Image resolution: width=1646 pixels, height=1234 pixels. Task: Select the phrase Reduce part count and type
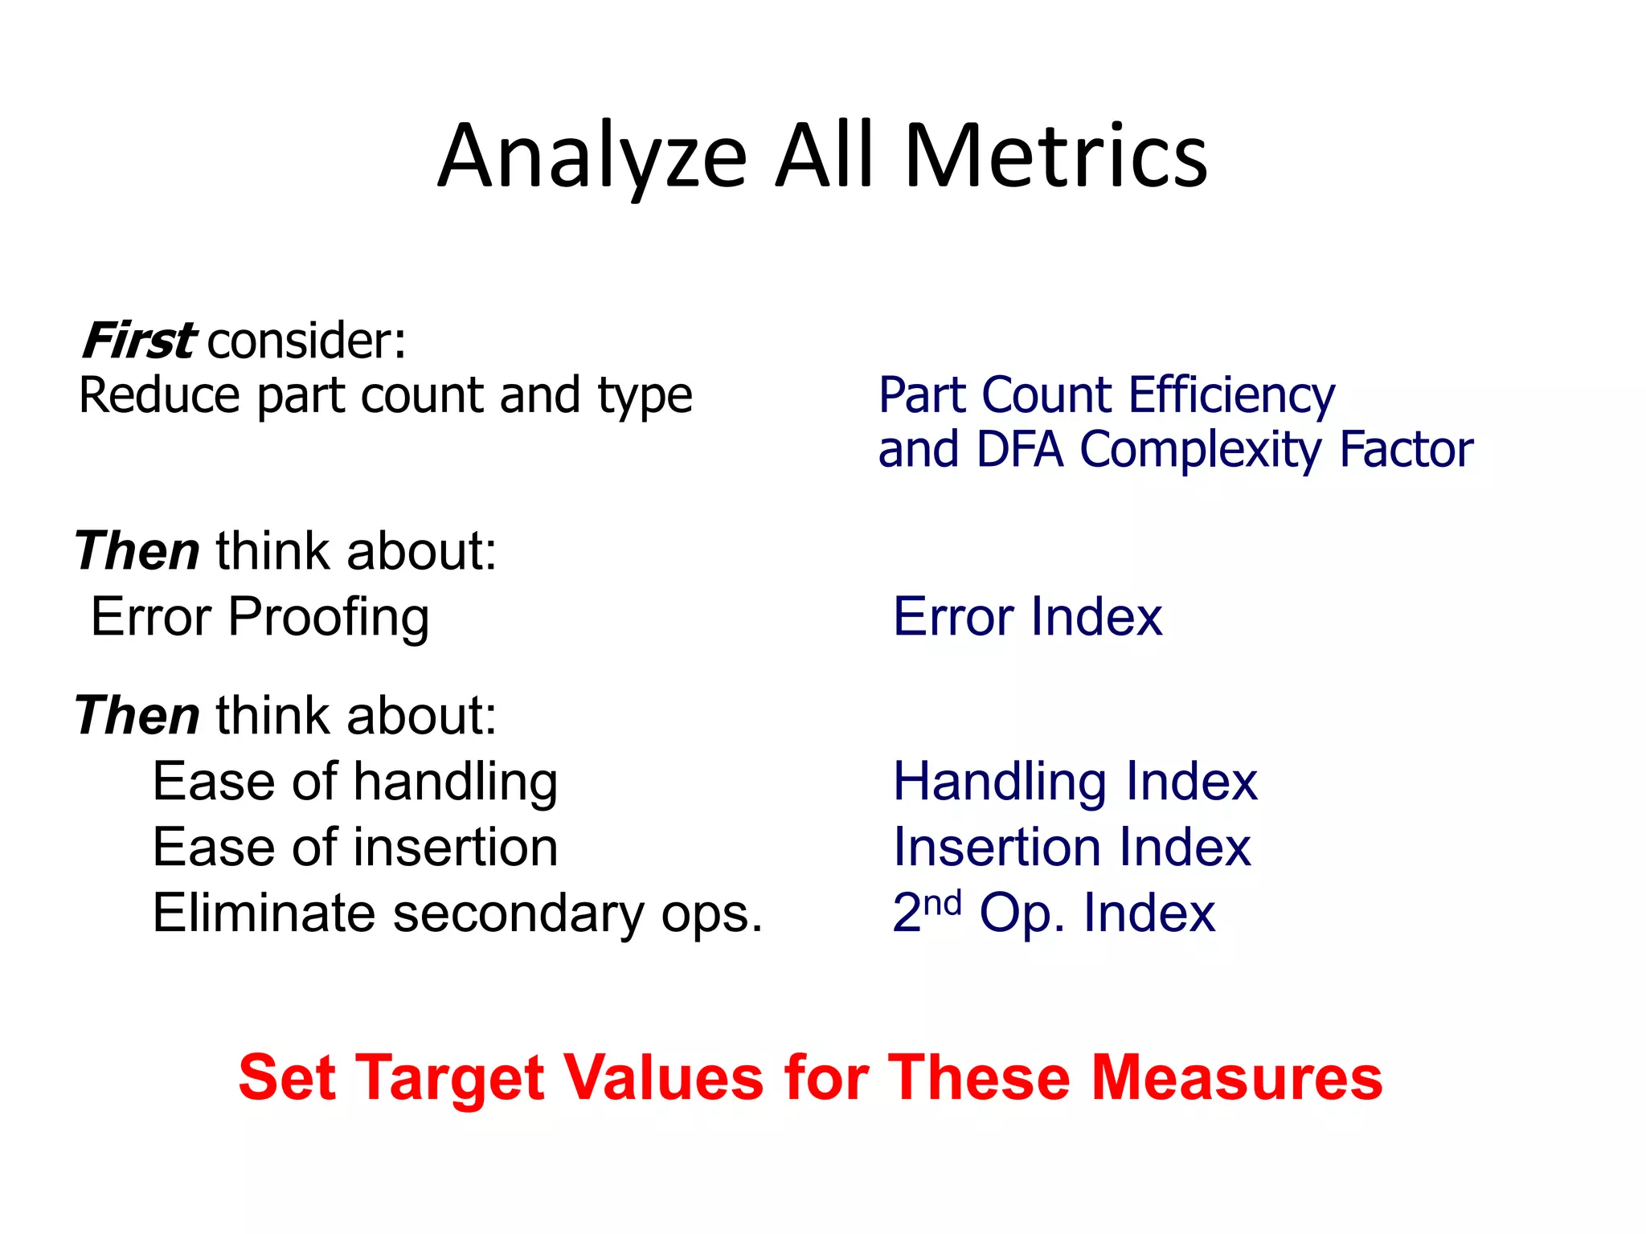tap(385, 395)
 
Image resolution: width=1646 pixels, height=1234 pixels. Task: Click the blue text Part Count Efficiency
tap(1107, 395)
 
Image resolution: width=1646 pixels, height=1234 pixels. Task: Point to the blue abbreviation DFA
tap(1020, 449)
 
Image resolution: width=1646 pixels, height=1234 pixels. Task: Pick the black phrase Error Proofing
tap(260, 617)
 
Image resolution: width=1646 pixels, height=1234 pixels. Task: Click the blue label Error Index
tap(1027, 617)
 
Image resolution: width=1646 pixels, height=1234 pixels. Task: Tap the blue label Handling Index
tap(1075, 782)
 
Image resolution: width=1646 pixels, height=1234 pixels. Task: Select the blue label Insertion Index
tap(1071, 848)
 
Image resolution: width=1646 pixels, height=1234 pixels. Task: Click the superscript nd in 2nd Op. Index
tap(942, 903)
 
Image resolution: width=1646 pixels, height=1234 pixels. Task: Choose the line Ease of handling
tap(355, 782)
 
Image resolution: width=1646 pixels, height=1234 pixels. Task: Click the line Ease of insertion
tap(355, 848)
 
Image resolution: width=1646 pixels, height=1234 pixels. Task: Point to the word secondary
tap(518, 914)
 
